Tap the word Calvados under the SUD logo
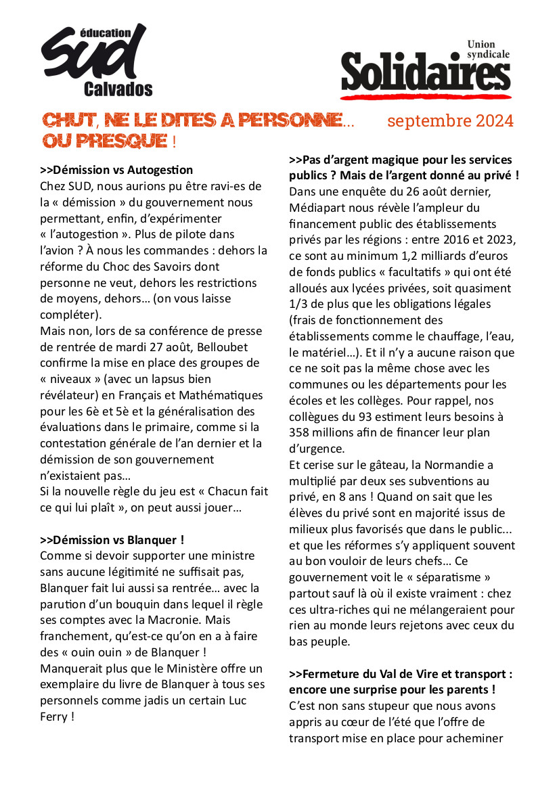118,89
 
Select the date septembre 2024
450,121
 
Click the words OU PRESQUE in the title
105,141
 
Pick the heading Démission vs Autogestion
116,170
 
